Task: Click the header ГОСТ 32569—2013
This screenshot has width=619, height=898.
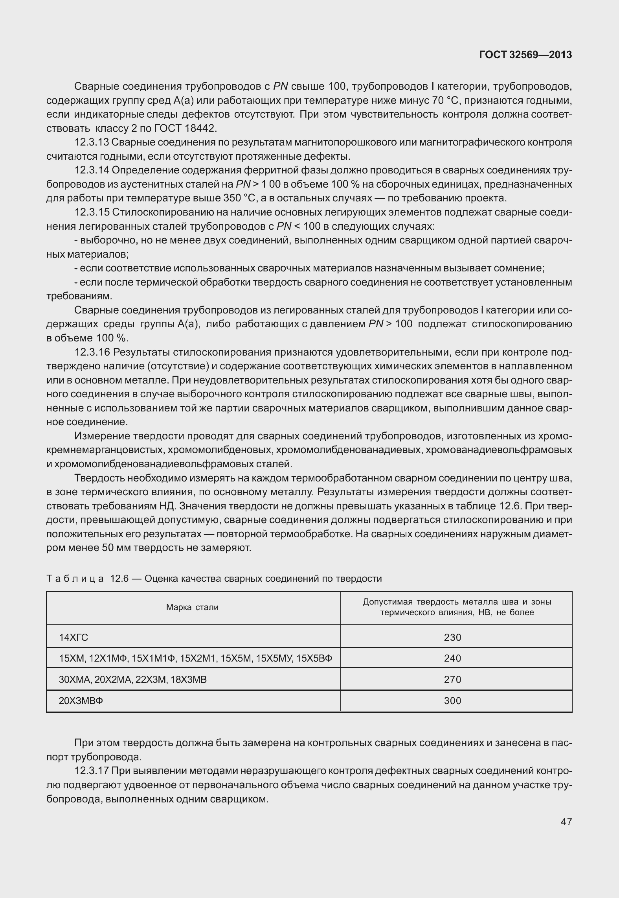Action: (x=525, y=55)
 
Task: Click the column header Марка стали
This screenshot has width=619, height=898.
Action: (x=192, y=607)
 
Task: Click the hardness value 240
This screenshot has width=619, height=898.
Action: (x=452, y=658)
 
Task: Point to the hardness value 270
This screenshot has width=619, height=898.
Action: (x=452, y=680)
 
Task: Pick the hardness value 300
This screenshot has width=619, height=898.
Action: (x=452, y=701)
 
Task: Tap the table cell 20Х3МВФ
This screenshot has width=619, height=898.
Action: (x=81, y=701)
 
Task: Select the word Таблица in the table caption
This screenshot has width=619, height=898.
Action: (x=75, y=579)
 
